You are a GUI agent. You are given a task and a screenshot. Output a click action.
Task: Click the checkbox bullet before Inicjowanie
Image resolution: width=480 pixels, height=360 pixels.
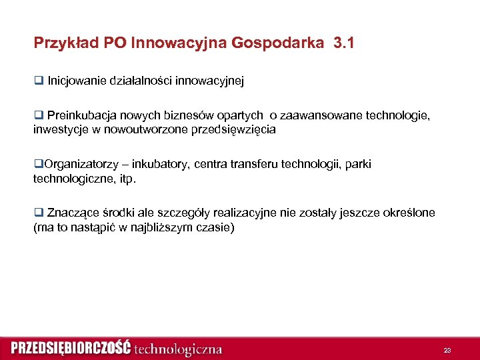tap(38, 81)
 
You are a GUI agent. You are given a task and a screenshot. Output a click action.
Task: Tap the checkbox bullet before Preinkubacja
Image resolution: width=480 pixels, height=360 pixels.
tap(38, 116)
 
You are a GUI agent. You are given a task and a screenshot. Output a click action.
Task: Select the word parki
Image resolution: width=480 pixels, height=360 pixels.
tap(357, 164)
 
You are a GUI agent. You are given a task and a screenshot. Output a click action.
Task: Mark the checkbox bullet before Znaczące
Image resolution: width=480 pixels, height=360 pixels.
tap(38, 213)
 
